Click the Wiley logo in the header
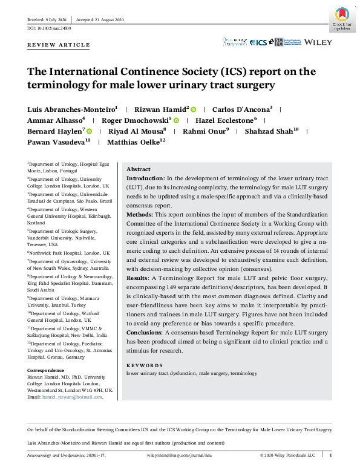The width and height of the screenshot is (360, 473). [x=318, y=42]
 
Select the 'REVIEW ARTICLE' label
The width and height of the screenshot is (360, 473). [x=58, y=45]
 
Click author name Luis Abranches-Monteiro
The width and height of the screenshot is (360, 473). [x=73, y=109]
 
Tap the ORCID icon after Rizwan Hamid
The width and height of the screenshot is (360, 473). [x=194, y=109]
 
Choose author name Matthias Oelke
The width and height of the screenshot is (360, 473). [x=136, y=142]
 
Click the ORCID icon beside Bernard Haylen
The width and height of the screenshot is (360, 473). [x=89, y=131]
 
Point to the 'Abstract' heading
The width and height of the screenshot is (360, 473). [x=138, y=169]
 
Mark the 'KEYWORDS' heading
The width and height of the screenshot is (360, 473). [x=144, y=365]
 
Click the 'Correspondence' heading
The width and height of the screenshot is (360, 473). [x=46, y=370]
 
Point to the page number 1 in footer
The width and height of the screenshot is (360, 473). [x=330, y=454]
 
